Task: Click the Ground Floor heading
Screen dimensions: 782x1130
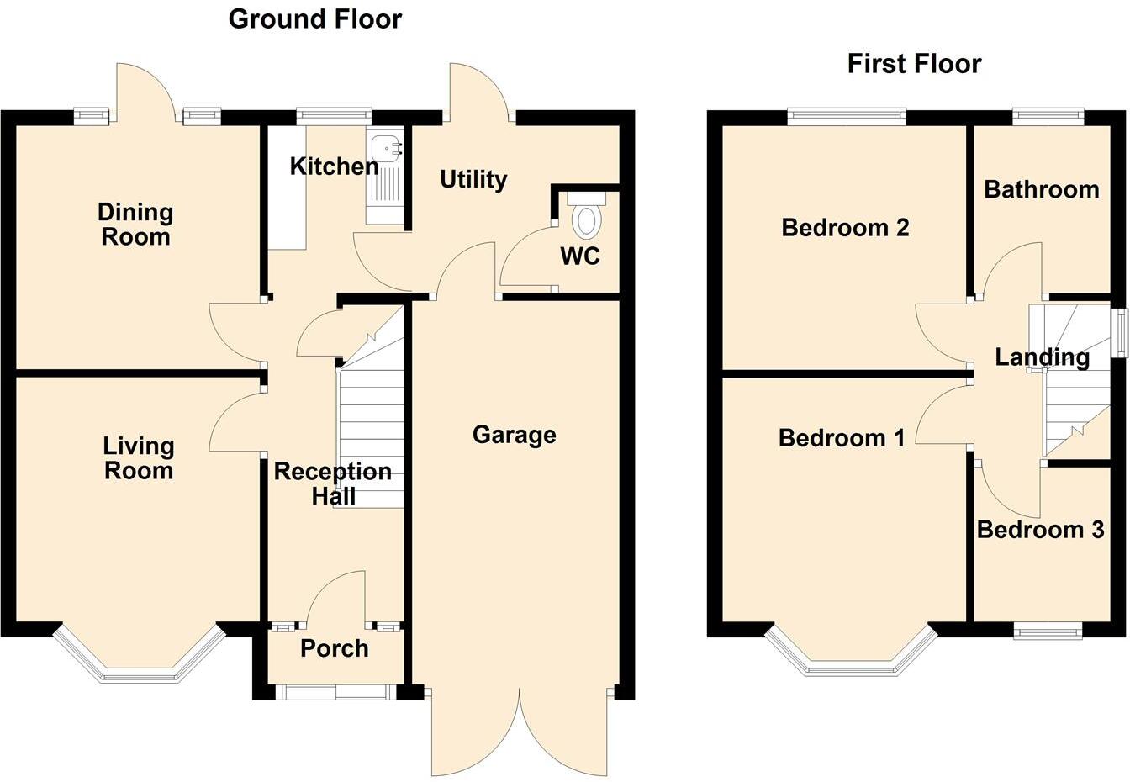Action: (x=314, y=18)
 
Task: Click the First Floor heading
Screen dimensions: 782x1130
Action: (x=913, y=64)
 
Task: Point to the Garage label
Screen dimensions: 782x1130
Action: (x=514, y=435)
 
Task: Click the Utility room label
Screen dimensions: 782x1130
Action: (x=473, y=179)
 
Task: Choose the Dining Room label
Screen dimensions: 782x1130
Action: (x=135, y=225)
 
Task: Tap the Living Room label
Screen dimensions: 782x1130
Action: (x=139, y=458)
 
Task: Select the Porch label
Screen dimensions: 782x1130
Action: (x=334, y=648)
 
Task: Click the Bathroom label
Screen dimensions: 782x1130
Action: (x=1041, y=189)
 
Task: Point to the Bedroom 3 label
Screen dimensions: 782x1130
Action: (x=1040, y=530)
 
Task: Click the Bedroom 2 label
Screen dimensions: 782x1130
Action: (x=845, y=227)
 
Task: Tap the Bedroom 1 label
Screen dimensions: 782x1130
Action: (x=842, y=438)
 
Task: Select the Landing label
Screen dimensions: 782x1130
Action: (x=1042, y=357)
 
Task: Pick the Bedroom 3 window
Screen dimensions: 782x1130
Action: (x=1048, y=631)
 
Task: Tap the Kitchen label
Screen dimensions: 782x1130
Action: (x=334, y=166)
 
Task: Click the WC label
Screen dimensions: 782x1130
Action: (x=580, y=256)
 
